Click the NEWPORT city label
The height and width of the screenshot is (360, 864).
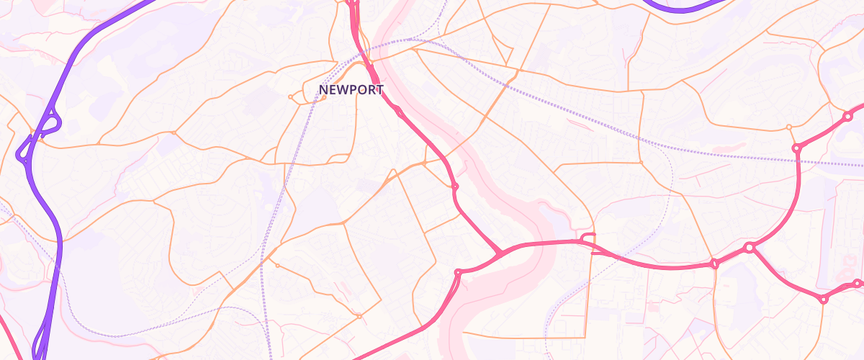351,90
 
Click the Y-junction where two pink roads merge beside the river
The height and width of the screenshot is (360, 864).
499,253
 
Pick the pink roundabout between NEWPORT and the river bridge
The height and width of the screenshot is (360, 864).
455,187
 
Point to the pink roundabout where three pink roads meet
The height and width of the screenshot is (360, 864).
750,248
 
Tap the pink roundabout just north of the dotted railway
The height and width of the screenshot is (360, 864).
797,148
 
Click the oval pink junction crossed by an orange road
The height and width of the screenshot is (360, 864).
714,264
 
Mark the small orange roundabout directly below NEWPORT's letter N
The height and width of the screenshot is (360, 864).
324,98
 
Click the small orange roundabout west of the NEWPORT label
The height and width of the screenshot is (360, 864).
290,96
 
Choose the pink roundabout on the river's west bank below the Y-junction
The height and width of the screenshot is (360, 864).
458,273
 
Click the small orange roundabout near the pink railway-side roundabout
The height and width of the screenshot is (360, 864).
789,127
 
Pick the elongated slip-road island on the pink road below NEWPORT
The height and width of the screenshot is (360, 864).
397,111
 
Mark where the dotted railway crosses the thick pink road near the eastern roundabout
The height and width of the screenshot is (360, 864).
798,160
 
